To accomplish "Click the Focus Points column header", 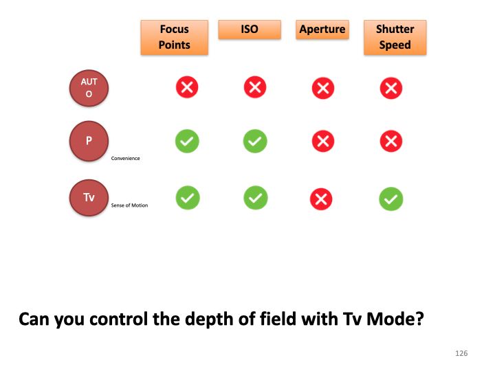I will (174, 37).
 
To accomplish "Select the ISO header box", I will (250, 30).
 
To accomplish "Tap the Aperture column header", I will (322, 30).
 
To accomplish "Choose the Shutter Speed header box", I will (395, 37).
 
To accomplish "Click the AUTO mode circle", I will (89, 88).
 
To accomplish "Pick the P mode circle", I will (89, 142).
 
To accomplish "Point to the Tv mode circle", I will (89, 197).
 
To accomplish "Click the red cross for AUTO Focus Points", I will (187, 87).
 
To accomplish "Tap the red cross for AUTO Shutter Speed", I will (391, 88).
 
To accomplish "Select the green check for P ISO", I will (254, 142).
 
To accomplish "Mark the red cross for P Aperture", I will (322, 142).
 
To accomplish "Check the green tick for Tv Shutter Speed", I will (391, 199).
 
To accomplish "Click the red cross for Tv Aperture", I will (321, 199).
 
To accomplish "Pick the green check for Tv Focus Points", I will (187, 199).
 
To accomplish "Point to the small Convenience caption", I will (126, 158).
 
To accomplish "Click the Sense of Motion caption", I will (129, 205).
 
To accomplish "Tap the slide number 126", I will (461, 353).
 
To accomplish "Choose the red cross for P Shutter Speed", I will (391, 142).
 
